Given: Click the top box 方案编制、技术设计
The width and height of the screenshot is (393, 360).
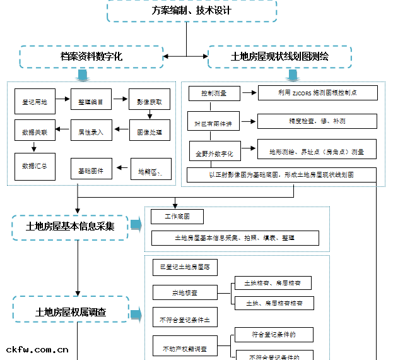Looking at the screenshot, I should (x=192, y=11).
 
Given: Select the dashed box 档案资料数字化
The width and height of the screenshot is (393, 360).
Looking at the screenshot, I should (x=91, y=57).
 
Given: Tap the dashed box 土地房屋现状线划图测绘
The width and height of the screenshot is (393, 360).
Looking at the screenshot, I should (x=280, y=57).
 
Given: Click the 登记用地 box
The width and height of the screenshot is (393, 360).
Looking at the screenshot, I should (x=35, y=101).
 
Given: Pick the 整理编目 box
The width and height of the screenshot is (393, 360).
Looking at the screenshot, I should (x=91, y=101).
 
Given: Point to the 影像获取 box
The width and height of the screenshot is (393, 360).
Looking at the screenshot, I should (x=150, y=101).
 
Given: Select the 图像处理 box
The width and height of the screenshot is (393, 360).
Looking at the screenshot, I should (x=150, y=133).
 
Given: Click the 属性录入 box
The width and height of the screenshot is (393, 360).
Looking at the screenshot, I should (x=91, y=133).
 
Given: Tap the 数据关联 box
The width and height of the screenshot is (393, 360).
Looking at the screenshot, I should (x=35, y=133).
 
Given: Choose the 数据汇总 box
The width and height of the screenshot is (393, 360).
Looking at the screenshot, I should (x=35, y=166).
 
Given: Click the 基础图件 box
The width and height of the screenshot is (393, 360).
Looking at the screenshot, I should (x=91, y=171).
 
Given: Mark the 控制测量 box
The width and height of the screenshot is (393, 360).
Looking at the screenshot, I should (x=214, y=93).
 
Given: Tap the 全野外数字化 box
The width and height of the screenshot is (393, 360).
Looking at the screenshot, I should (x=214, y=153).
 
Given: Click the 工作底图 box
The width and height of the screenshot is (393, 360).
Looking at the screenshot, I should (x=177, y=217).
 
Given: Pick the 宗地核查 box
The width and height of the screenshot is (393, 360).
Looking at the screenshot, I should (x=184, y=293).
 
